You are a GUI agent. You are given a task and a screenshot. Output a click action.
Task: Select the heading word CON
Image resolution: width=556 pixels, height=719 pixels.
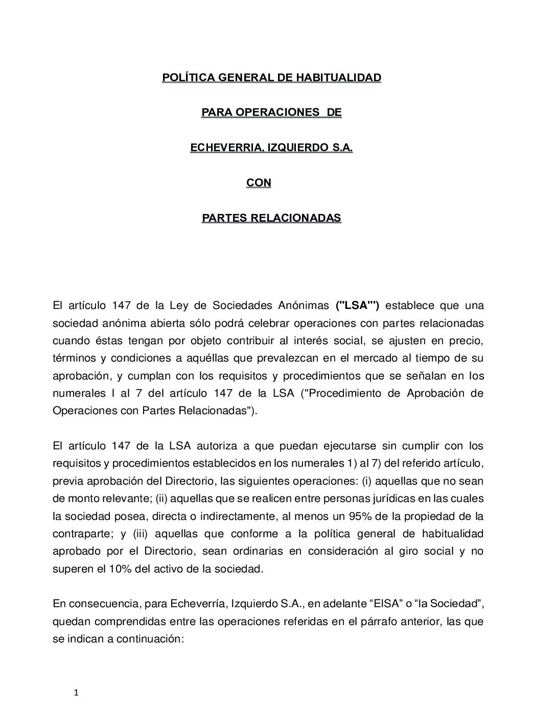[x=259, y=182]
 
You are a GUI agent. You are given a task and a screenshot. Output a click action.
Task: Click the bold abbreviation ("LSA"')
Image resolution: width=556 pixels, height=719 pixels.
[x=357, y=305]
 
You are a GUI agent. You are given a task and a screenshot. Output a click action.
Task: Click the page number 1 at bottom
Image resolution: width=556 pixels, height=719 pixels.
[x=76, y=693]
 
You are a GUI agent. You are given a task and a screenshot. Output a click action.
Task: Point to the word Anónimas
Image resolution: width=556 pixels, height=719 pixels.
[x=303, y=305]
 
